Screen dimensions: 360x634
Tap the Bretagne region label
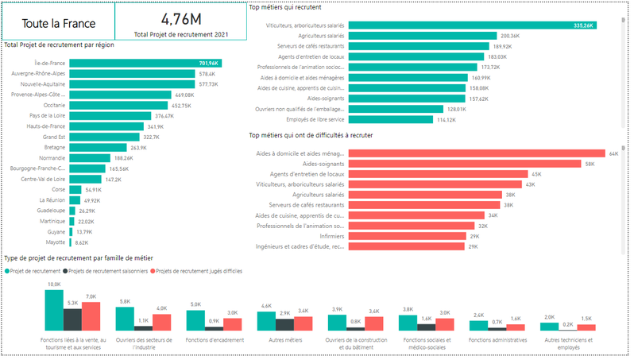click(54, 147)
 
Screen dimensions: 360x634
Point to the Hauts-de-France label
click(44, 126)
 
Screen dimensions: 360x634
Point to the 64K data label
click(613, 153)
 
